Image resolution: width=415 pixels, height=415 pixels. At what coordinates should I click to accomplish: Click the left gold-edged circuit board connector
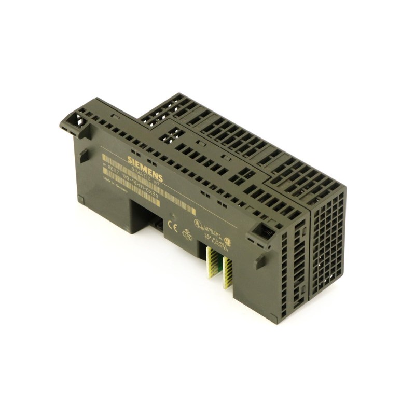211,262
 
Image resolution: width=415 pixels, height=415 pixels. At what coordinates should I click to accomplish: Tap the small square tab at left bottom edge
81,199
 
